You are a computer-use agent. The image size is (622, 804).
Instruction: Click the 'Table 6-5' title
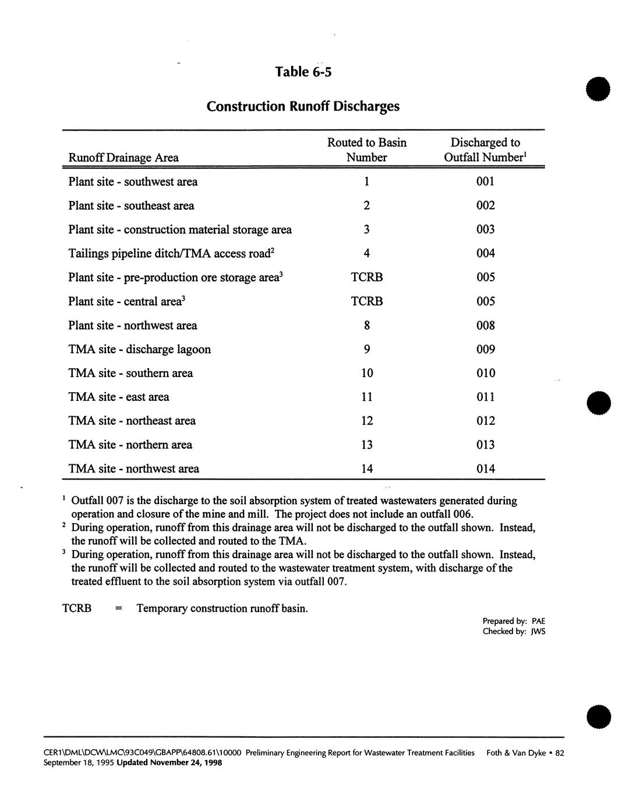point(303,72)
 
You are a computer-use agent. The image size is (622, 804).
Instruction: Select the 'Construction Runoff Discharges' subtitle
point(303,107)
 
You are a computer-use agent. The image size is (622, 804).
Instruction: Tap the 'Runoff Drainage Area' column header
point(123,157)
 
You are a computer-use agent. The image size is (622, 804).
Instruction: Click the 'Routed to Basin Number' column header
point(366,150)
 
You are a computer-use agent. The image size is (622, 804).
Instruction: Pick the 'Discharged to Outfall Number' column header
point(485,150)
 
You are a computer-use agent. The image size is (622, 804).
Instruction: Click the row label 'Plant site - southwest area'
point(133,182)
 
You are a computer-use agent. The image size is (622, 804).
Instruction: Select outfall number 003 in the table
point(485,230)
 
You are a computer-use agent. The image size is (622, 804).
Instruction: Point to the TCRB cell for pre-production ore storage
point(366,277)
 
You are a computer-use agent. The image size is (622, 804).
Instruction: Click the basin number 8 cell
point(366,325)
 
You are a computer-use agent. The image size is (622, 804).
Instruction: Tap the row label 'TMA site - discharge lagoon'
point(139,349)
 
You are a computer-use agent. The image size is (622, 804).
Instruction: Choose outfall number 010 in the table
point(485,373)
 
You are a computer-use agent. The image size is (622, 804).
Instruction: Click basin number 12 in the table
point(366,421)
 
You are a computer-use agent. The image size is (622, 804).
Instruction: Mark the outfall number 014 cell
point(485,468)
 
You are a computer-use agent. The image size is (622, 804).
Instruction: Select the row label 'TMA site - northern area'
point(130,445)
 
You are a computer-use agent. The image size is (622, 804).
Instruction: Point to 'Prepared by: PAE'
point(514,621)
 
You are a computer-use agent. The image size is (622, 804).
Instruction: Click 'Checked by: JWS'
point(514,632)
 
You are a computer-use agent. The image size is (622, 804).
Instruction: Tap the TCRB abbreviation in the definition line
point(77,608)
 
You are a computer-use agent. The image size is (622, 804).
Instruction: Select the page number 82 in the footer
point(560,753)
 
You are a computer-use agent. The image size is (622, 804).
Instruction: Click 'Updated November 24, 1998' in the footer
point(169,763)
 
